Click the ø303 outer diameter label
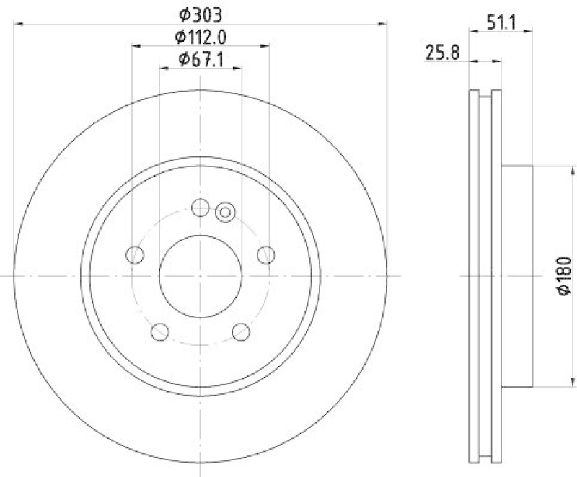pos(200,13)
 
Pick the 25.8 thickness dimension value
pos(442,52)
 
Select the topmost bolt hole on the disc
pos(201,208)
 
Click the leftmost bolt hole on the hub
pos(134,254)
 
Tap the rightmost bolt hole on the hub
pos(266,254)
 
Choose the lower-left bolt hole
pos(160,331)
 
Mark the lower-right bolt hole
pos(241,331)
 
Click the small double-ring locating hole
pos(225,212)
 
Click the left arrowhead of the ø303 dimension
pos(17,24)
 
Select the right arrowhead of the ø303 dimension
pos(384,24)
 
